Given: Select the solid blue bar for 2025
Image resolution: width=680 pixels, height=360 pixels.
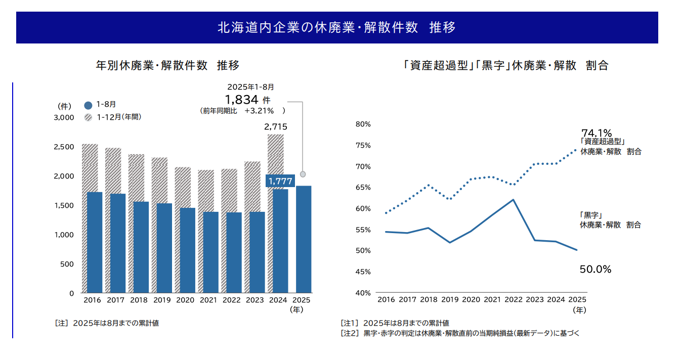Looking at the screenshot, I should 303,240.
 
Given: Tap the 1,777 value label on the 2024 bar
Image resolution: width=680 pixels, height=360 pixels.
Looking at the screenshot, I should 280,181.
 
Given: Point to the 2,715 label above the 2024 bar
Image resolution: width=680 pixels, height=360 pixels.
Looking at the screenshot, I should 276,127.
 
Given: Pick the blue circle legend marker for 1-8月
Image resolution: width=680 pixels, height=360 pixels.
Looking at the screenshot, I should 88,105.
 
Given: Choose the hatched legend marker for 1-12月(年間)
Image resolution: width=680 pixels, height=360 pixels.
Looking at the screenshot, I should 88,117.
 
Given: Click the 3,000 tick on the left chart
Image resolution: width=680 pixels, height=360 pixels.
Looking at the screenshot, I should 64,118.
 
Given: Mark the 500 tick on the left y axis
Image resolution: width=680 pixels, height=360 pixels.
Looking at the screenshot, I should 68,264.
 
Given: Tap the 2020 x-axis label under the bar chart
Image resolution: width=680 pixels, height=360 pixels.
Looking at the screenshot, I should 185,300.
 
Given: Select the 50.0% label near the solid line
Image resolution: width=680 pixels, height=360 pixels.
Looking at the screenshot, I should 596,269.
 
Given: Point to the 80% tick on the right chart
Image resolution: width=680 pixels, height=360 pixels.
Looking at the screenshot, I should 363,124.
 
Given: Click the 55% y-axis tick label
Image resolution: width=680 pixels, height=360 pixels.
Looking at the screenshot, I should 363,230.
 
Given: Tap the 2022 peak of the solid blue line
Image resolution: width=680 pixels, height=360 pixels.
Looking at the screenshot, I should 513,200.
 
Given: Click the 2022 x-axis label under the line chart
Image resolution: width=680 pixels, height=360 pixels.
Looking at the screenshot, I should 513,299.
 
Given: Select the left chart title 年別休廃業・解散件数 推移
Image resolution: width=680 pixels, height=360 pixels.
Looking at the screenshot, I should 167,65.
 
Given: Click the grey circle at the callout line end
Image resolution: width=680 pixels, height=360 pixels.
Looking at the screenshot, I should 303,174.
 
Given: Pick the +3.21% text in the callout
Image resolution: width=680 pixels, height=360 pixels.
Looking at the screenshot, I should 259,110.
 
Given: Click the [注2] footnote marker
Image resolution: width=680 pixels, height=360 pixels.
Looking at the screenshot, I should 350,333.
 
